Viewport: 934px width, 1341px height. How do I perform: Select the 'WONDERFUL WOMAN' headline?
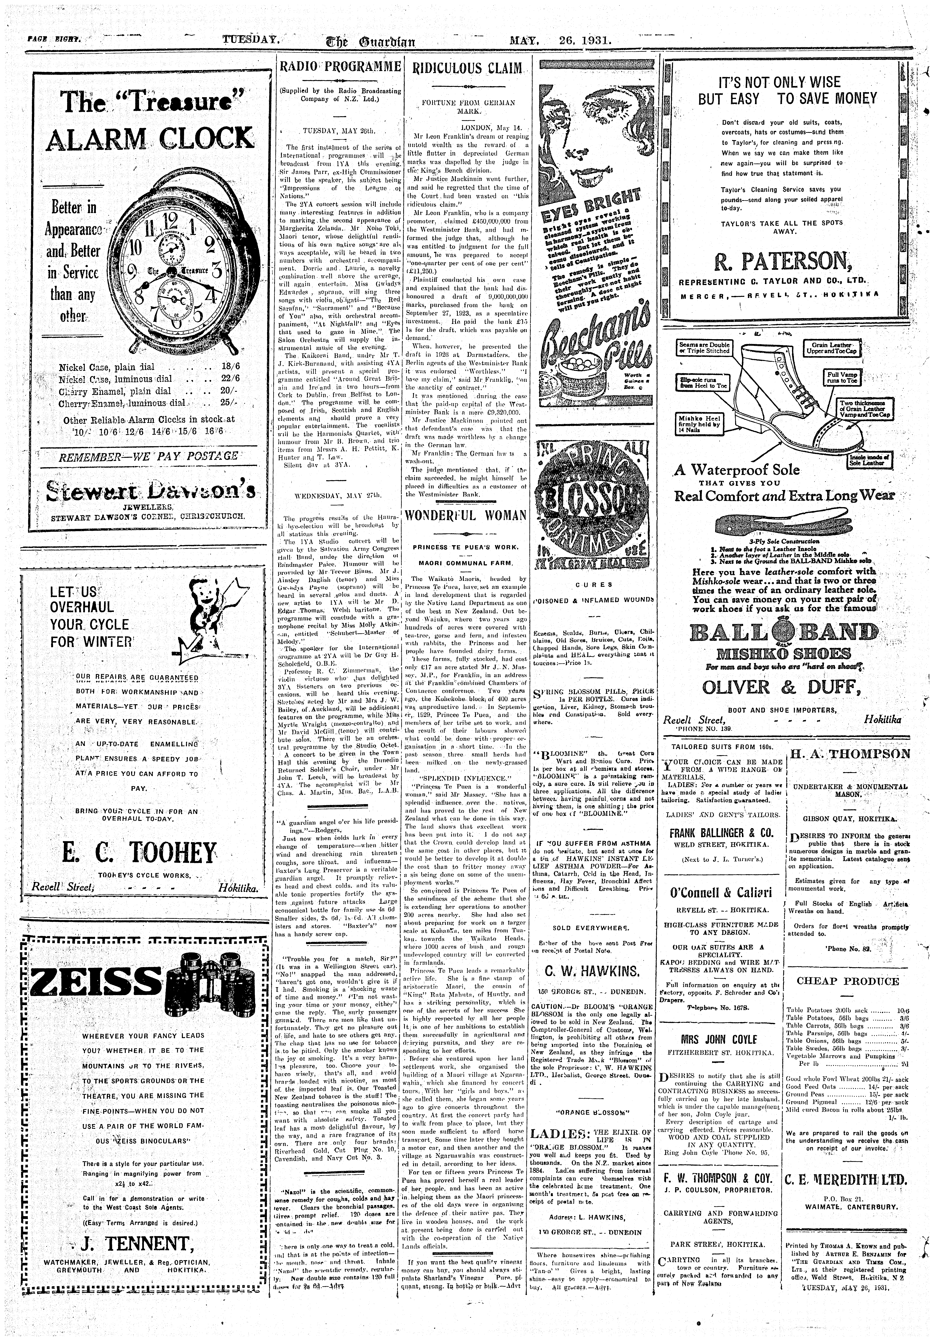[465, 516]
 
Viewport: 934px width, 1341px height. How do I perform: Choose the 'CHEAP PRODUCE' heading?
[848, 981]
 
